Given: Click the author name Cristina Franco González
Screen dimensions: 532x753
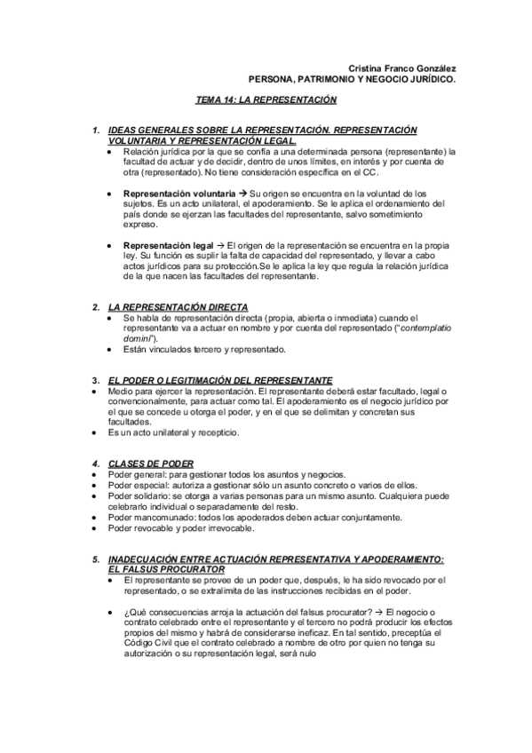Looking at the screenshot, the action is [401, 67].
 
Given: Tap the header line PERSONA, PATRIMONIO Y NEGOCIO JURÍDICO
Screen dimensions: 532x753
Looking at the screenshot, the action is [352, 78].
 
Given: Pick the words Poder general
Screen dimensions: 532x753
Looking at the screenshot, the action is [132, 474].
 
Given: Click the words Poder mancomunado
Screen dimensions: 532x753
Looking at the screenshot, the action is [144, 517].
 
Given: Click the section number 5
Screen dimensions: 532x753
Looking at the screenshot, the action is [96, 559].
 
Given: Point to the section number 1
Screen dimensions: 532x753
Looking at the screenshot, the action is [96, 131].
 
